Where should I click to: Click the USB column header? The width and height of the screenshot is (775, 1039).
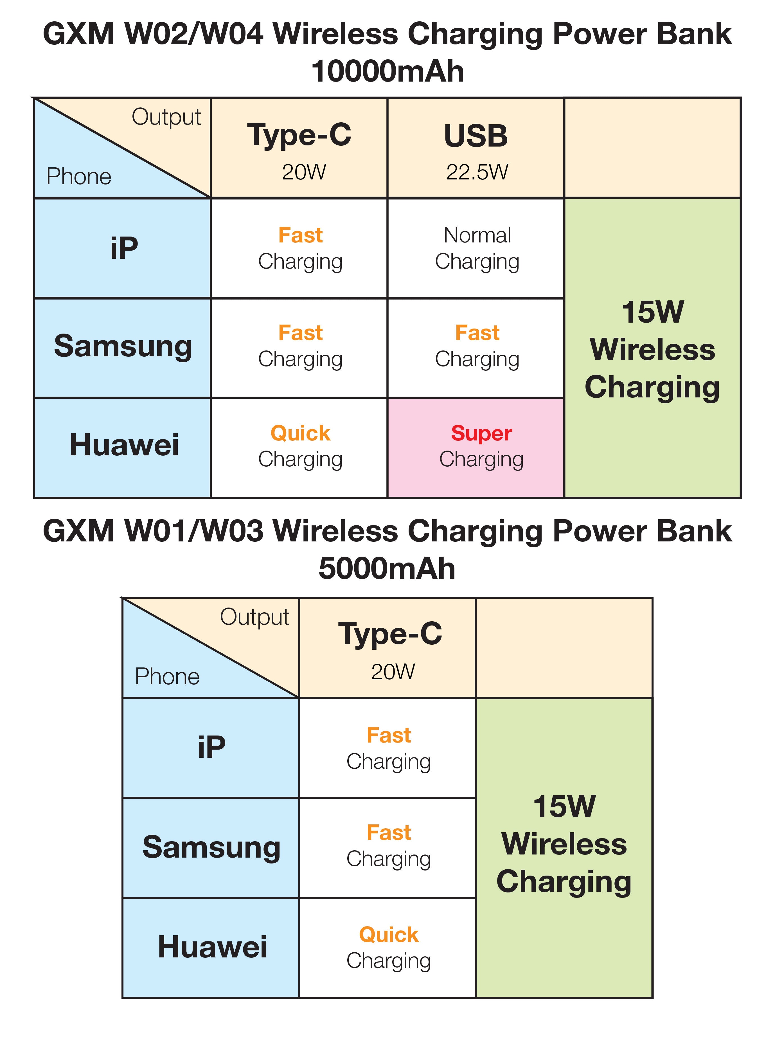(x=476, y=136)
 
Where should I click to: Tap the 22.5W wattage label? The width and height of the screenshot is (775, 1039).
(x=477, y=172)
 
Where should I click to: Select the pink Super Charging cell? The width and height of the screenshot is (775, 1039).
(x=476, y=447)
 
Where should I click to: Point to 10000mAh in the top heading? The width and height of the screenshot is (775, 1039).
(x=387, y=72)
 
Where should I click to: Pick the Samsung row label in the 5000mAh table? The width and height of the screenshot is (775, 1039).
(x=211, y=847)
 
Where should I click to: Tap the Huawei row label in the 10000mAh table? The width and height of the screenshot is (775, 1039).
(x=124, y=445)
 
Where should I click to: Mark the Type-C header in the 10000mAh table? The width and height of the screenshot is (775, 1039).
(x=299, y=135)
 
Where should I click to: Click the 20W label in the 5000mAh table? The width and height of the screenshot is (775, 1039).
(x=393, y=672)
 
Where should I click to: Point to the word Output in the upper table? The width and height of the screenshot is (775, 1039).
(x=166, y=117)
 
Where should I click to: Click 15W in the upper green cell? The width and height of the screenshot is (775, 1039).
(x=653, y=312)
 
